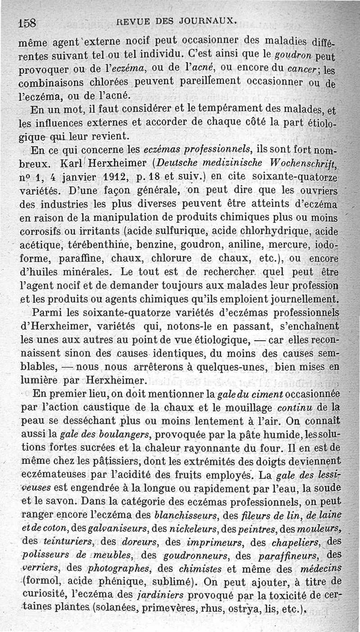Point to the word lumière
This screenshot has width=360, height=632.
39,379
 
